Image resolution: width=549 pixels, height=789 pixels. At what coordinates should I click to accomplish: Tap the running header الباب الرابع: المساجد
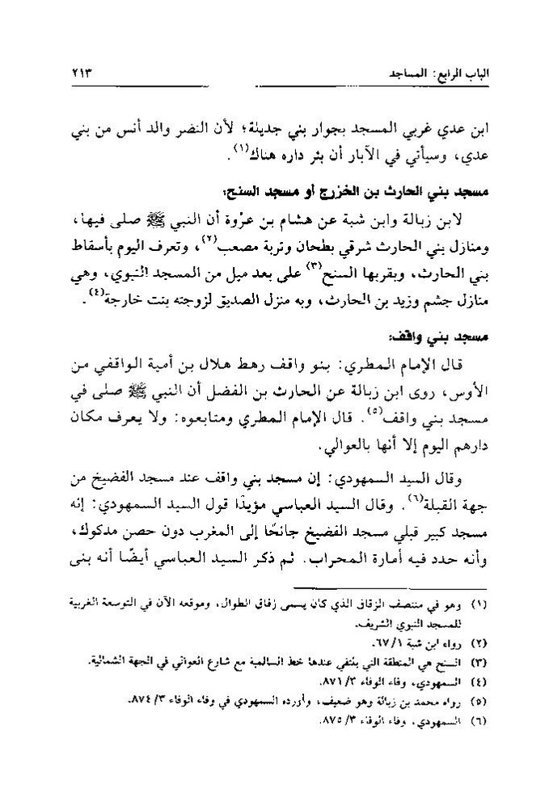[435, 74]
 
